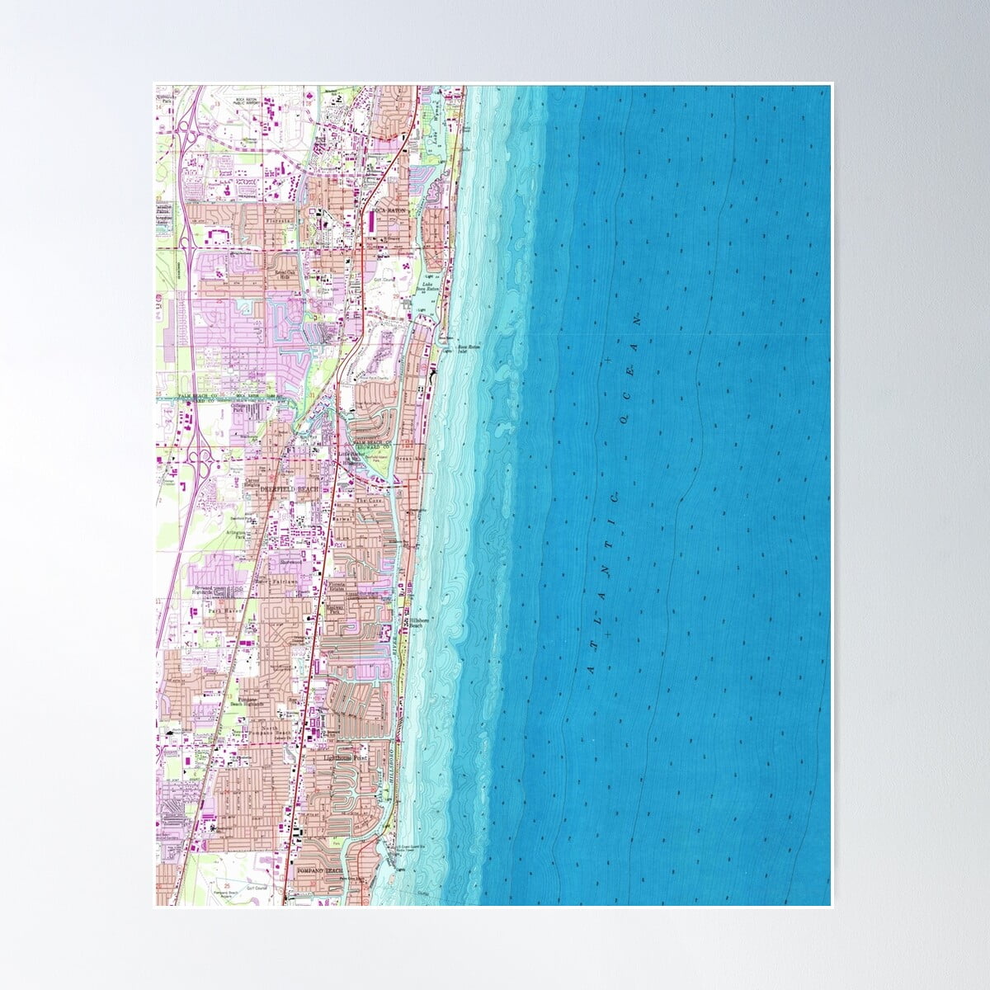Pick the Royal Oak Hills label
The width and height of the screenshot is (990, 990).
[x=286, y=274]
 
